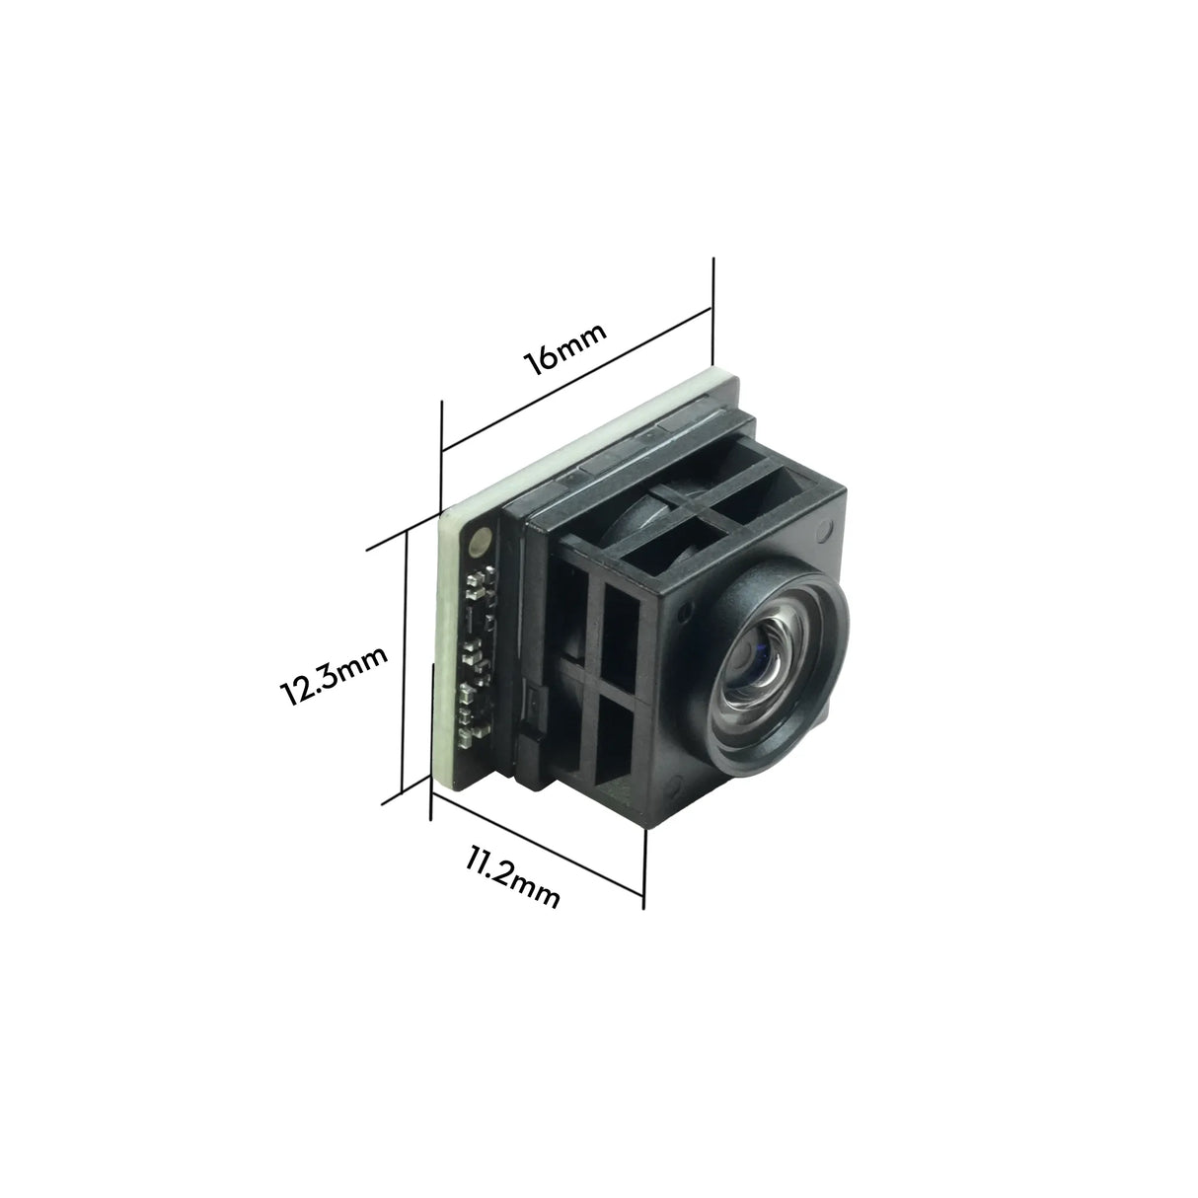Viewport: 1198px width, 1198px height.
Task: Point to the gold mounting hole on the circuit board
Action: point(481,539)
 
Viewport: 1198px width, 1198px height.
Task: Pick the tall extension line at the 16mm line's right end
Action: point(711,311)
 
